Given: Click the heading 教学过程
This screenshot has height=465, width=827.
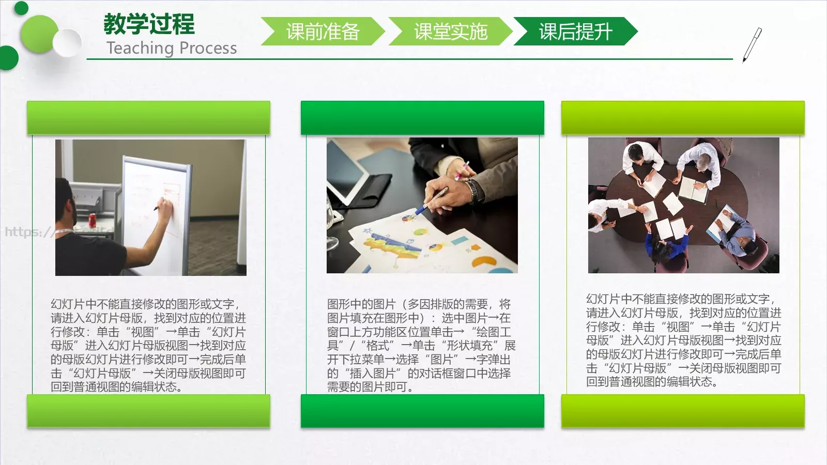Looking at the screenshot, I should click(x=149, y=24).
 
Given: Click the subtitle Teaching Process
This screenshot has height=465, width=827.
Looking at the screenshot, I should click(x=172, y=48).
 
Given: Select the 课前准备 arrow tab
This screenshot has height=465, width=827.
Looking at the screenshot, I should click(x=323, y=32).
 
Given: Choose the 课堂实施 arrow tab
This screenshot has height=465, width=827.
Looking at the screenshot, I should click(x=450, y=32).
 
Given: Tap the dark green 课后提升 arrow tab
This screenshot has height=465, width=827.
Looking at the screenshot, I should click(x=575, y=32).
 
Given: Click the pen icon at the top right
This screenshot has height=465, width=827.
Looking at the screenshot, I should click(x=752, y=44).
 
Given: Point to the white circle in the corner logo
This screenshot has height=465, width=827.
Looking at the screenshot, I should click(x=68, y=42).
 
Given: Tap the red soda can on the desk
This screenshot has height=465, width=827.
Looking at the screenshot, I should click(x=93, y=219).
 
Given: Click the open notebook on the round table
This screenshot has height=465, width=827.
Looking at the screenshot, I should click(x=694, y=190).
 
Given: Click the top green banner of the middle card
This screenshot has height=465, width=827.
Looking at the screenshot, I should click(x=422, y=118).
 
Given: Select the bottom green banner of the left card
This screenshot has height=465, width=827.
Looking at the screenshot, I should click(x=149, y=411).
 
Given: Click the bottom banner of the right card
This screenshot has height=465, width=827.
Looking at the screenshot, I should click(x=683, y=411).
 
